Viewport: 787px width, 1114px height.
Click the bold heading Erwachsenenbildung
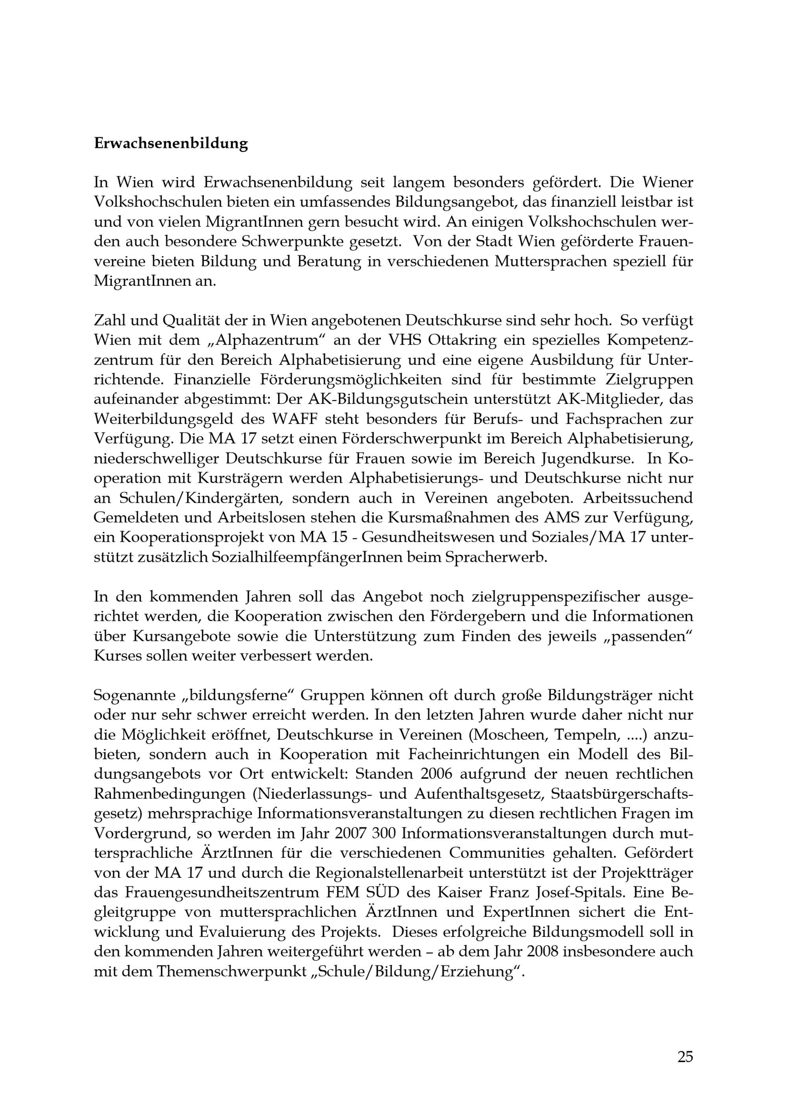tap(171, 144)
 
